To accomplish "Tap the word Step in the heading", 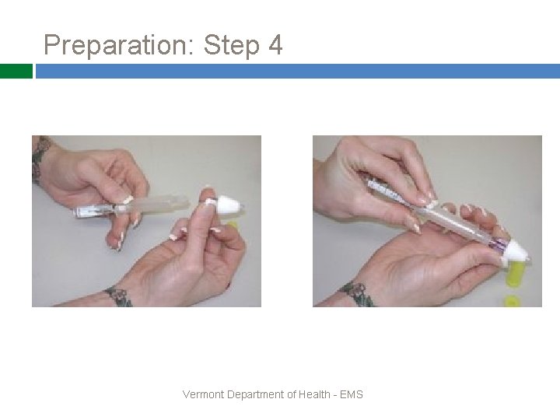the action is pos(232,45).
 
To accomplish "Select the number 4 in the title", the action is pos(275,44).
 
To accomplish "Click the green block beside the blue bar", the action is pos(16,71).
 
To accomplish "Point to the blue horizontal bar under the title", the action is pos(298,71).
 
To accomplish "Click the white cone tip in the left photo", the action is pos(230,205).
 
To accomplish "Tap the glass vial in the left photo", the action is pos(94,211).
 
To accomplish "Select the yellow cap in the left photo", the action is pos(232,225).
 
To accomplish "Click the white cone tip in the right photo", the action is pos(516,253).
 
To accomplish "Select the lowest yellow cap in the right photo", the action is pos(512,302).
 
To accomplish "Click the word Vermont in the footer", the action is pos(203,394).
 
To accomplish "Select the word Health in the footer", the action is pos(314,394).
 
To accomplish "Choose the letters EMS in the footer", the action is pos(352,394).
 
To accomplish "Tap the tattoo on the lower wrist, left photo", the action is pos(119,296).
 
